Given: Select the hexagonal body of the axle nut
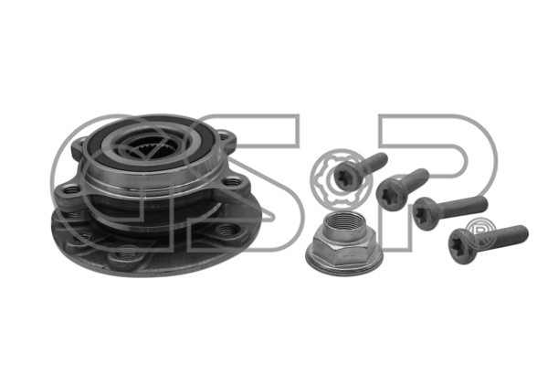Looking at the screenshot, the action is click(344, 248).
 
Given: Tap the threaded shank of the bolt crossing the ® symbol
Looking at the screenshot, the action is click(502, 235).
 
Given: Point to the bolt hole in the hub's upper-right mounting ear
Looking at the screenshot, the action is click(222, 134).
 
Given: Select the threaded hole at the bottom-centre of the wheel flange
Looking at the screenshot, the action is click(127, 253).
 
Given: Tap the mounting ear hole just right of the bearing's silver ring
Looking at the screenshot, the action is click(232, 182).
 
